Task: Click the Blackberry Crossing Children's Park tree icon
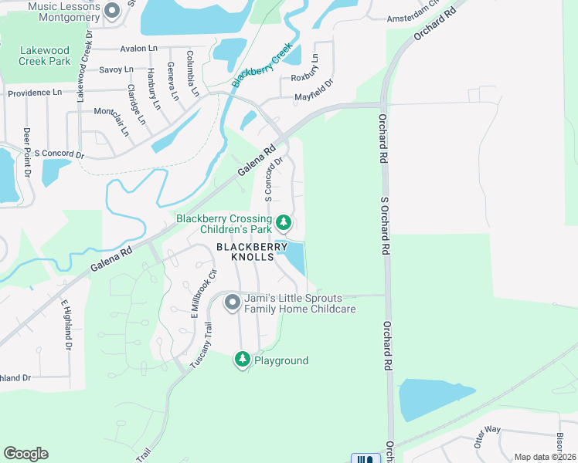pos(284,223)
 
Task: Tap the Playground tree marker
pos(243,360)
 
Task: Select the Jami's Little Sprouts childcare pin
pos(232,303)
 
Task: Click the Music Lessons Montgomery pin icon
pos(111,11)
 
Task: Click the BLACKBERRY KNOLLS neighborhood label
pos(245,252)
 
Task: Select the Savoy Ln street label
pos(116,69)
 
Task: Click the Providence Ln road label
pos(35,93)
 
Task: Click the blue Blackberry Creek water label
pos(262,64)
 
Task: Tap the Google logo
pos(25,454)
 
